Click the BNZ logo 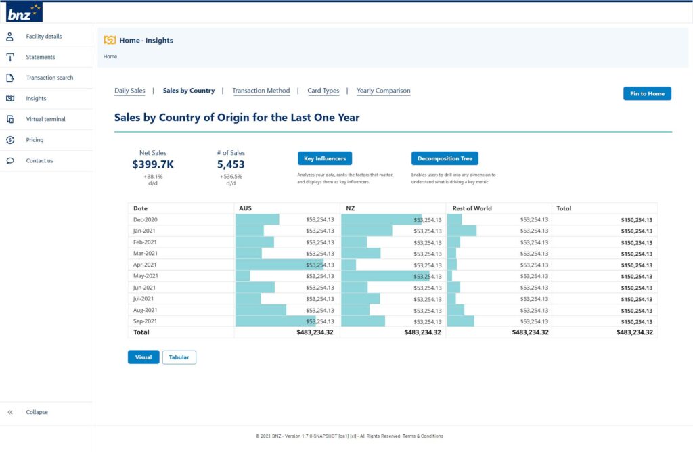pos(24,12)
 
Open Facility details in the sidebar pos(43,37)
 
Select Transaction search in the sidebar pos(49,78)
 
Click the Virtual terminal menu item pos(45,119)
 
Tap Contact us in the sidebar pos(39,161)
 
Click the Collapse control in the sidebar pos(37,412)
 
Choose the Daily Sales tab pos(129,91)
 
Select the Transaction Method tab pos(261,91)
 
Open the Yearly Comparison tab pos(383,91)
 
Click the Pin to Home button pos(646,93)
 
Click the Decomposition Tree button pos(444,158)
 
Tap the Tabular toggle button pos(179,357)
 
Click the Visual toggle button pos(143,357)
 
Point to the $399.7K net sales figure pos(152,164)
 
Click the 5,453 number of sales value pos(231,164)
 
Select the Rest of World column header pos(472,208)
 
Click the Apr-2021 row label pos(145,265)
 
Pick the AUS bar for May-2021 pos(243,276)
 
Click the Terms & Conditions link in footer pos(423,436)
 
